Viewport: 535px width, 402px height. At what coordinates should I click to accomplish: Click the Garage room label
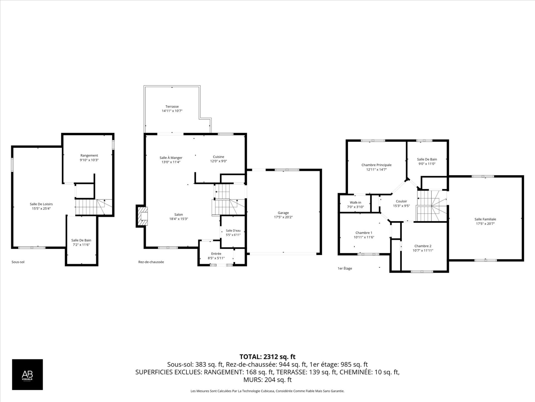click(283, 213)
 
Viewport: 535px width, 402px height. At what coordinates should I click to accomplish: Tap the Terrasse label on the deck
click(172, 106)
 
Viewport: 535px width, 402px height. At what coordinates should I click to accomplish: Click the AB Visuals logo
click(27, 374)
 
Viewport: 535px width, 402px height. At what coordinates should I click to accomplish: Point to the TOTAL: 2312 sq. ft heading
click(267, 356)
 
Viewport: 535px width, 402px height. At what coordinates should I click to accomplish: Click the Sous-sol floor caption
click(18, 262)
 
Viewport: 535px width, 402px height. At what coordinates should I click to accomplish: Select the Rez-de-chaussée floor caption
click(151, 262)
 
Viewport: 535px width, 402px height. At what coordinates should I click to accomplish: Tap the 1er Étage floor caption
click(345, 268)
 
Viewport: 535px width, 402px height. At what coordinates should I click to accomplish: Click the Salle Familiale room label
click(485, 219)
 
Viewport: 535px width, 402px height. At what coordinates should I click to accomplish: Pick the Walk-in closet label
click(355, 202)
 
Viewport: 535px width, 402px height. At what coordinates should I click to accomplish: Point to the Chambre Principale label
click(376, 165)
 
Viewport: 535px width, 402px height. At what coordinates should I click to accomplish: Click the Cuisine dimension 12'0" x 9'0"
click(218, 161)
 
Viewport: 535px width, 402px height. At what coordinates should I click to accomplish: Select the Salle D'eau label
click(233, 231)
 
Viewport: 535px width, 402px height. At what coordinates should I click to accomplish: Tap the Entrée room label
click(216, 254)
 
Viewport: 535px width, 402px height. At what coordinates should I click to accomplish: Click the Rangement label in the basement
click(89, 155)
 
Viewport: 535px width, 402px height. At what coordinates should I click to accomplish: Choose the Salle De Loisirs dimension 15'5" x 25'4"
click(41, 209)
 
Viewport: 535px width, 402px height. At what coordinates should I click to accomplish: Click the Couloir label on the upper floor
click(401, 201)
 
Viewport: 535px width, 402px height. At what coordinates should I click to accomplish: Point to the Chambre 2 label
click(423, 246)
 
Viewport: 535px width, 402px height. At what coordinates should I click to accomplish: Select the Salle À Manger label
click(171, 158)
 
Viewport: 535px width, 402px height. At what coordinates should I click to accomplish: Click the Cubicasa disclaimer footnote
click(267, 391)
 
